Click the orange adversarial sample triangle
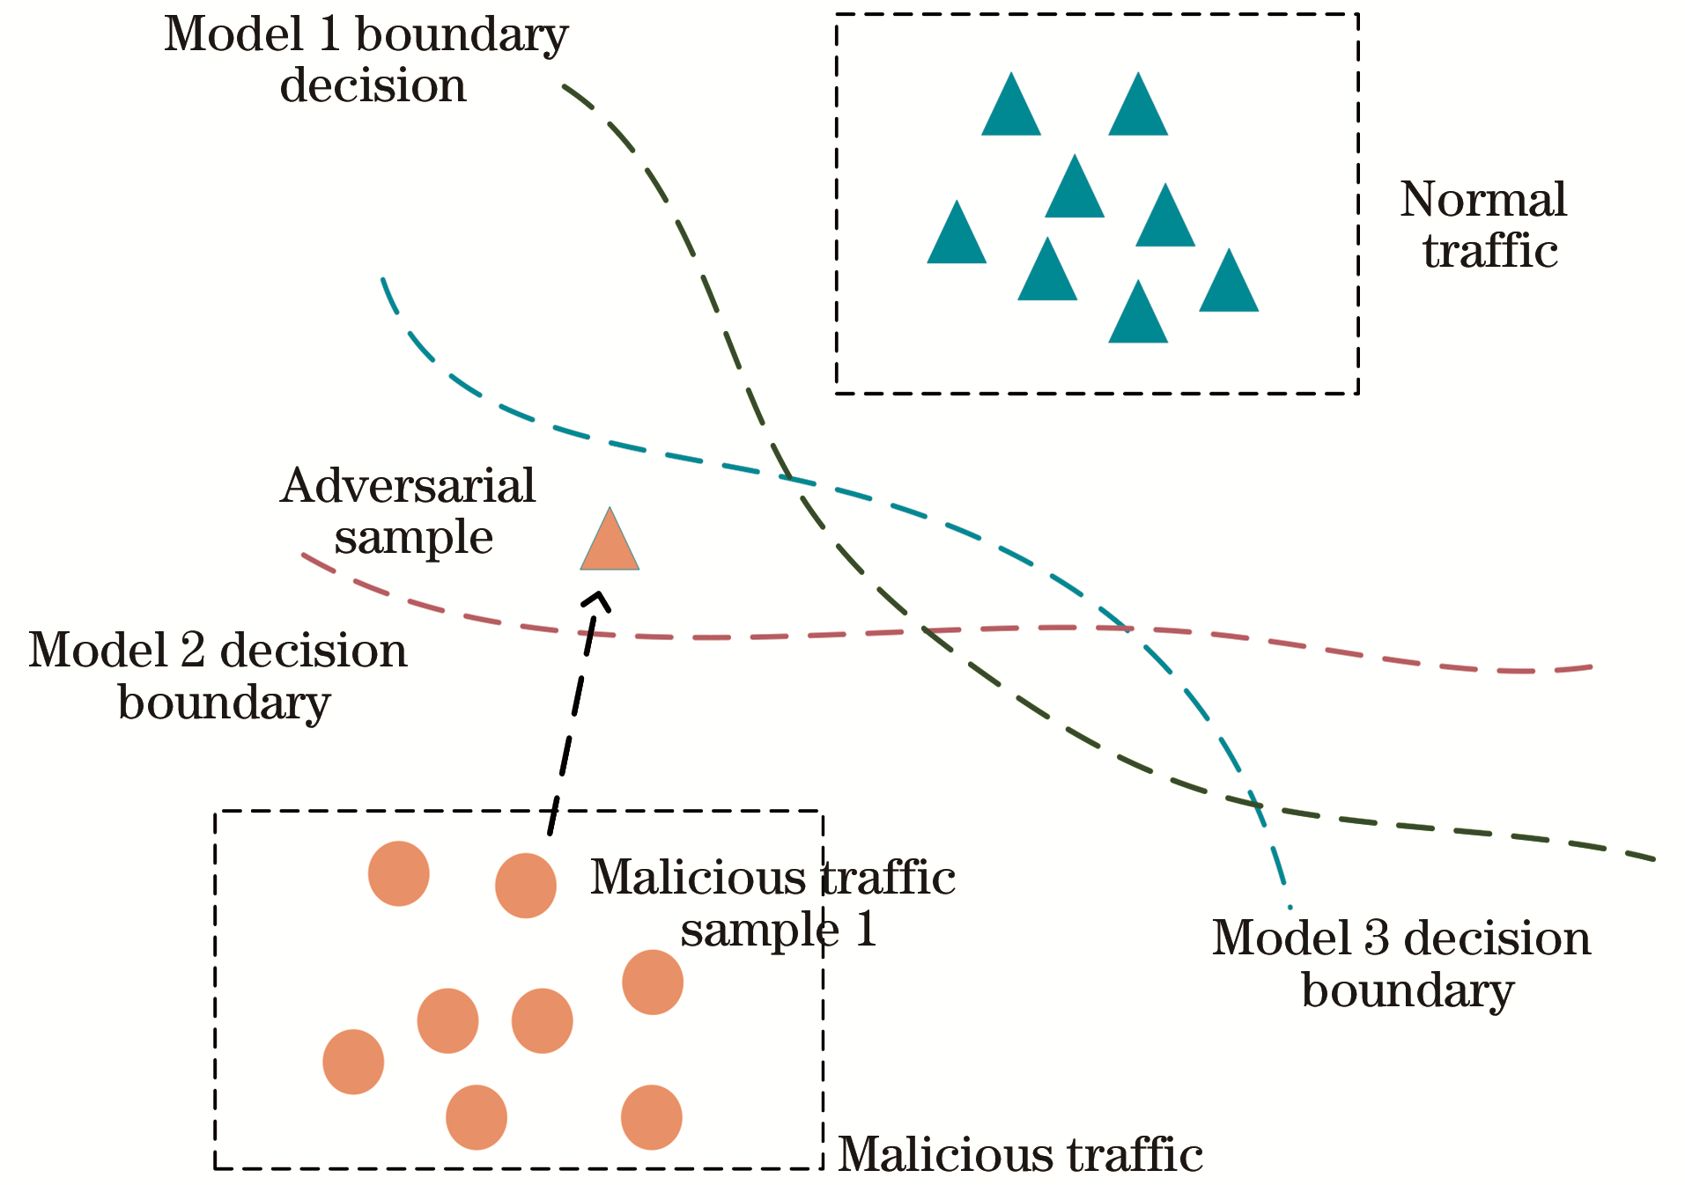pos(610,544)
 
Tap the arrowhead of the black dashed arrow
pos(599,598)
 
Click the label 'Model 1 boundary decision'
pos(367,60)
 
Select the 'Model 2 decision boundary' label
pos(219,676)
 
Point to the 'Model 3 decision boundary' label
pos(1402,963)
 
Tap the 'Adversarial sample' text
pos(409,511)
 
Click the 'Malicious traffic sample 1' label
pos(773,902)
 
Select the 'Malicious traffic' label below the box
pos(1020,1154)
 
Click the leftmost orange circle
pos(353,1062)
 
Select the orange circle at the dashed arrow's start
pos(526,886)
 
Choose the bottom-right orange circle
pos(652,1117)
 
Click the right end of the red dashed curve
pos(1590,667)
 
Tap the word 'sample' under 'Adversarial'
pos(414,537)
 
